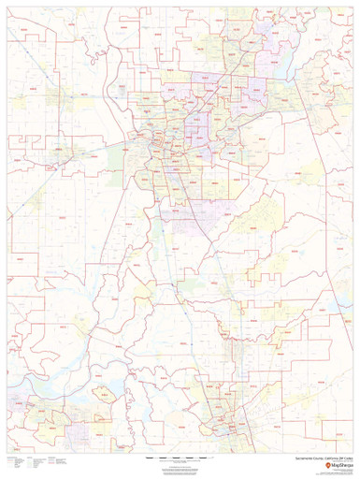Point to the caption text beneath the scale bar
click(x=180, y=465)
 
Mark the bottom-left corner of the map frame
click(x=6, y=455)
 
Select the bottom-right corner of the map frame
click(x=354, y=455)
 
